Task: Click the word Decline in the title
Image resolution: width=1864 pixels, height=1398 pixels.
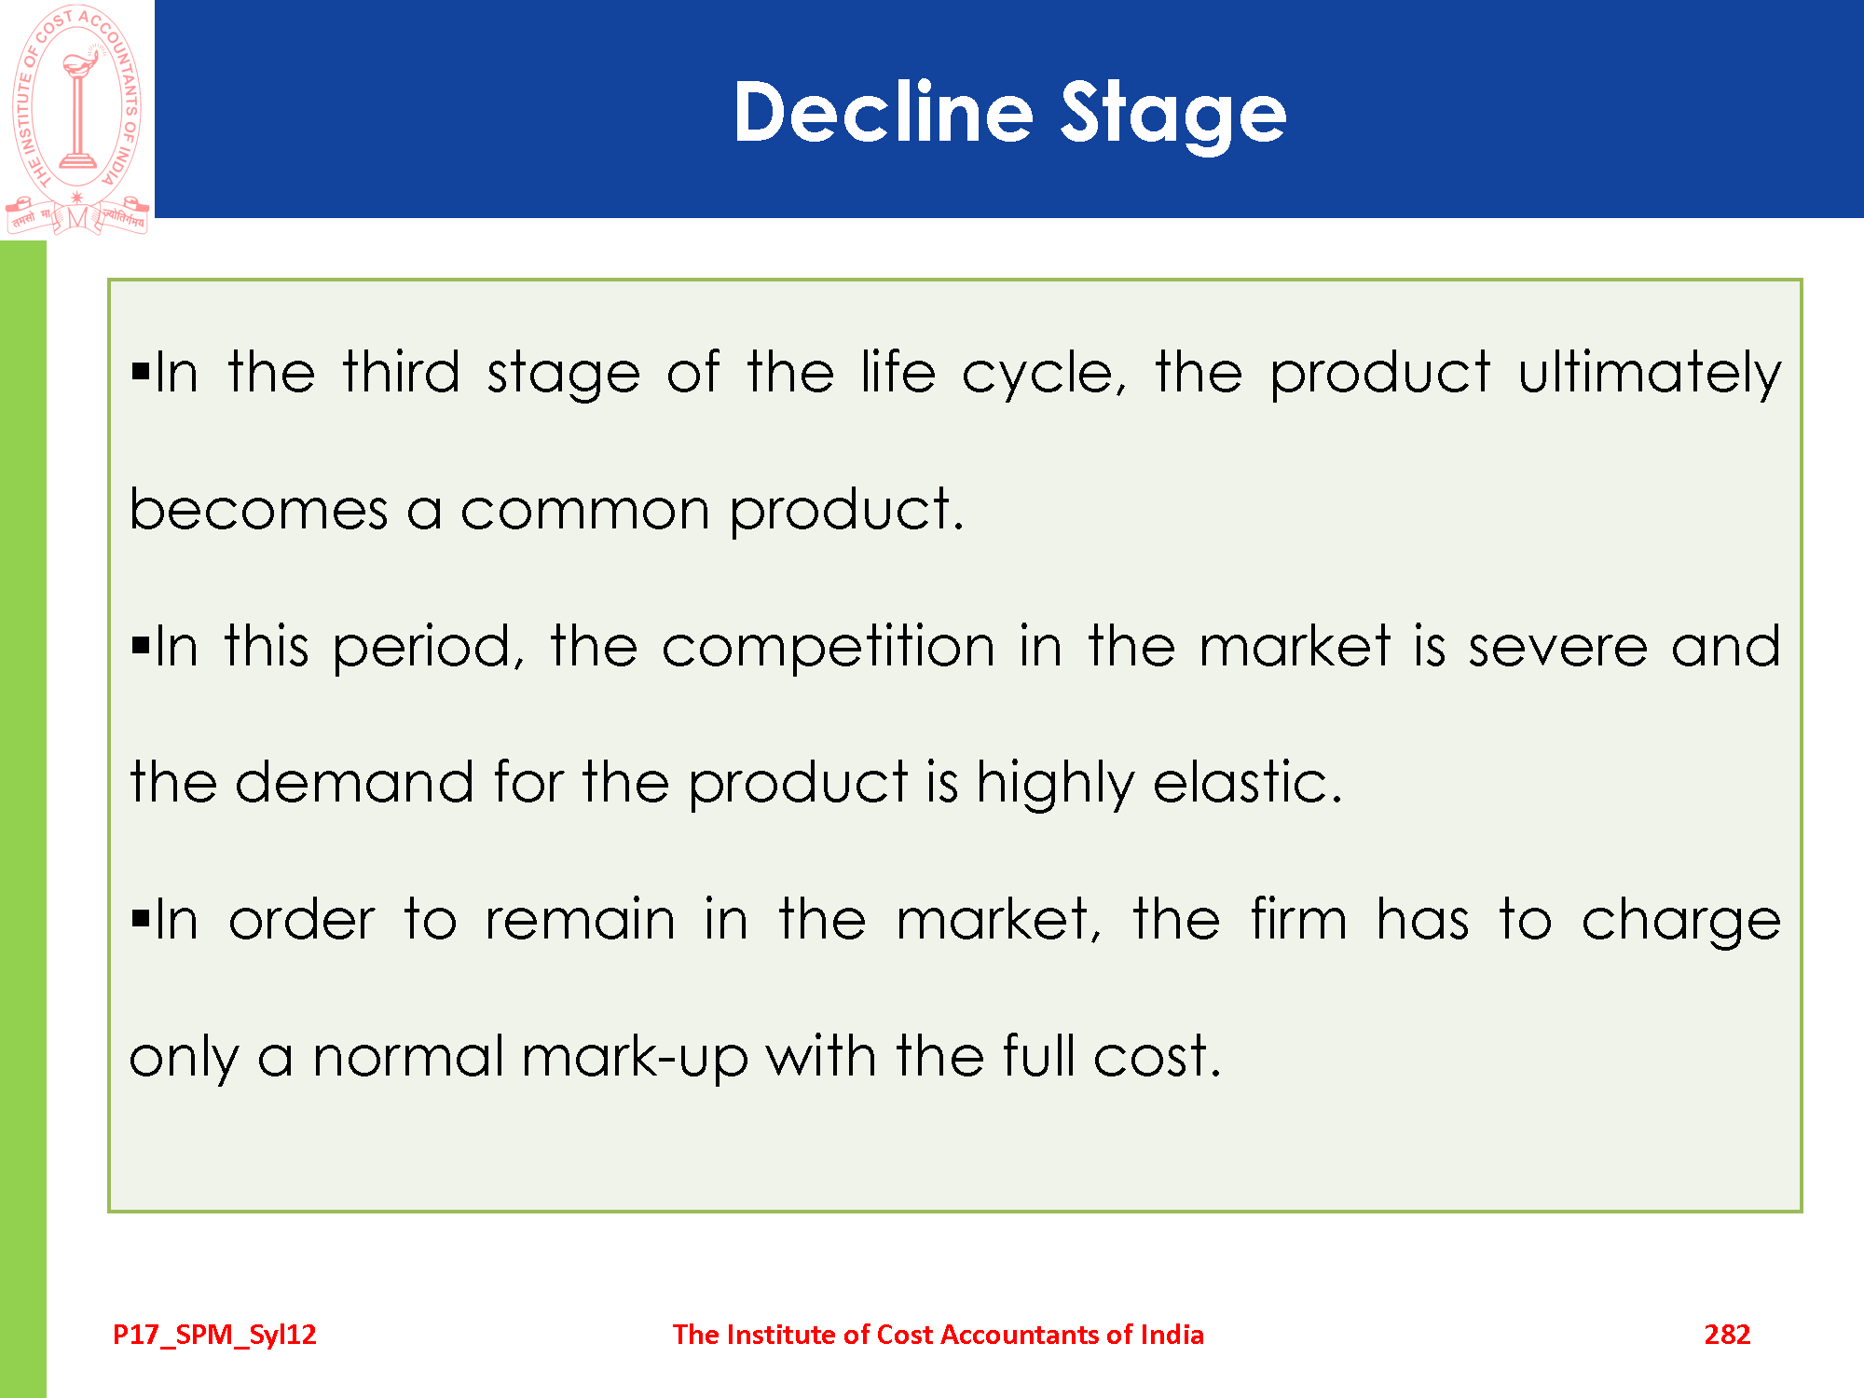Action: [x=884, y=112]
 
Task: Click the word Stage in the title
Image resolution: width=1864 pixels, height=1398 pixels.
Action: [x=1174, y=116]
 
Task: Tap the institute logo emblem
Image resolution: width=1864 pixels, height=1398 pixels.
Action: [x=77, y=119]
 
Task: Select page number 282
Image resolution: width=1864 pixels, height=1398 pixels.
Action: [x=1727, y=1335]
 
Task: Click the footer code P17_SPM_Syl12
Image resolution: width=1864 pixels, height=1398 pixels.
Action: [x=214, y=1336]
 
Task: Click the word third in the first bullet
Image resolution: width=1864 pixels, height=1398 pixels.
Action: [x=401, y=372]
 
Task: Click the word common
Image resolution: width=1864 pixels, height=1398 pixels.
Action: [x=585, y=512]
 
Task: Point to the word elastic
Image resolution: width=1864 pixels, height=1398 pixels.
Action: [x=1248, y=782]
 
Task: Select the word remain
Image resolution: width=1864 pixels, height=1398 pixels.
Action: [x=580, y=919]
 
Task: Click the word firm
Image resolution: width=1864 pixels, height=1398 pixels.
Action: [x=1298, y=919]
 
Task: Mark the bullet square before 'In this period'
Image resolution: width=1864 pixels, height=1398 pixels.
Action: [x=141, y=645]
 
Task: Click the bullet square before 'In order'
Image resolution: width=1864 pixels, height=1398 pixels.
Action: [x=141, y=919]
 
